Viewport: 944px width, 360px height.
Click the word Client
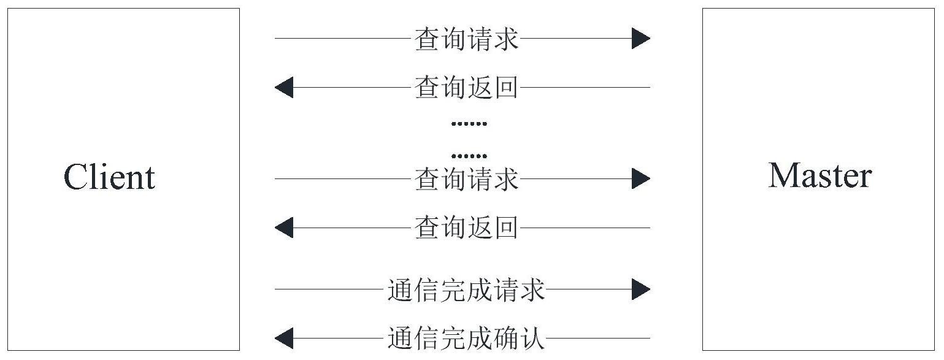tap(109, 177)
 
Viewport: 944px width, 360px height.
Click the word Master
tap(819, 176)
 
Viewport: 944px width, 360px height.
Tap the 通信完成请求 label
tap(466, 289)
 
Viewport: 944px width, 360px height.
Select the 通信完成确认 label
tap(466, 338)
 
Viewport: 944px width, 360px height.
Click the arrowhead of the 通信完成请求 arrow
tap(641, 289)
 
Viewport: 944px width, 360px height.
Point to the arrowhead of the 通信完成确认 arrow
tap(283, 338)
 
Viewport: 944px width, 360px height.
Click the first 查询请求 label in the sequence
tap(466, 39)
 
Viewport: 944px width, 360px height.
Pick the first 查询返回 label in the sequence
tap(466, 88)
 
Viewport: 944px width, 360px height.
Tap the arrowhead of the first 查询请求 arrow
tap(641, 39)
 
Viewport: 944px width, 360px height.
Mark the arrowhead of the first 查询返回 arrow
tap(283, 88)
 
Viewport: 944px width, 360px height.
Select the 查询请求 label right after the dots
tap(466, 179)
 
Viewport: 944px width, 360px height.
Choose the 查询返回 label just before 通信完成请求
tap(466, 228)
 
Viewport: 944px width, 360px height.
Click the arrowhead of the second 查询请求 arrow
tap(641, 179)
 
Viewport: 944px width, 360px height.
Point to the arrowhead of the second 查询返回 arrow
tap(283, 228)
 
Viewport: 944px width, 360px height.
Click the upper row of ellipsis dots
tap(469, 124)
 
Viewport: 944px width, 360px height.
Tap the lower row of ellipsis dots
tap(469, 156)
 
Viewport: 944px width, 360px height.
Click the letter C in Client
tap(76, 177)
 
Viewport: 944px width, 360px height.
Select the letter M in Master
tap(783, 176)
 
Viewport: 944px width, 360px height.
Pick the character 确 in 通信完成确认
tap(505, 338)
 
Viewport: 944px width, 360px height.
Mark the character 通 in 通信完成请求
tap(400, 289)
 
